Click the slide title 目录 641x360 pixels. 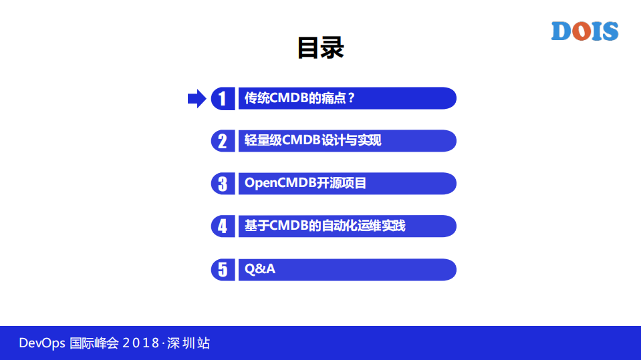tap(320, 48)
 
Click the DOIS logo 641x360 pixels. tap(584, 31)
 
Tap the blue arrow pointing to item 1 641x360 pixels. tap(197, 99)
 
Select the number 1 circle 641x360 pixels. tap(223, 99)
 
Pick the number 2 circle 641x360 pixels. tap(223, 141)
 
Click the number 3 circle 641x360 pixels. tap(223, 184)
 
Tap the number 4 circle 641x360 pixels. tap(223, 226)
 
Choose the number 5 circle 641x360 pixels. tap(223, 269)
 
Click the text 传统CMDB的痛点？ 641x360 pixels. tap(299, 99)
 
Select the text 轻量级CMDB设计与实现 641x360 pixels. tap(313, 141)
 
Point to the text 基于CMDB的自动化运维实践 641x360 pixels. tap(325, 226)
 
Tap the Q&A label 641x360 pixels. tap(260, 269)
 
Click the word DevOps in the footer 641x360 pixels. tap(41, 344)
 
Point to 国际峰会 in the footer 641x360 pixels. tap(94, 344)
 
